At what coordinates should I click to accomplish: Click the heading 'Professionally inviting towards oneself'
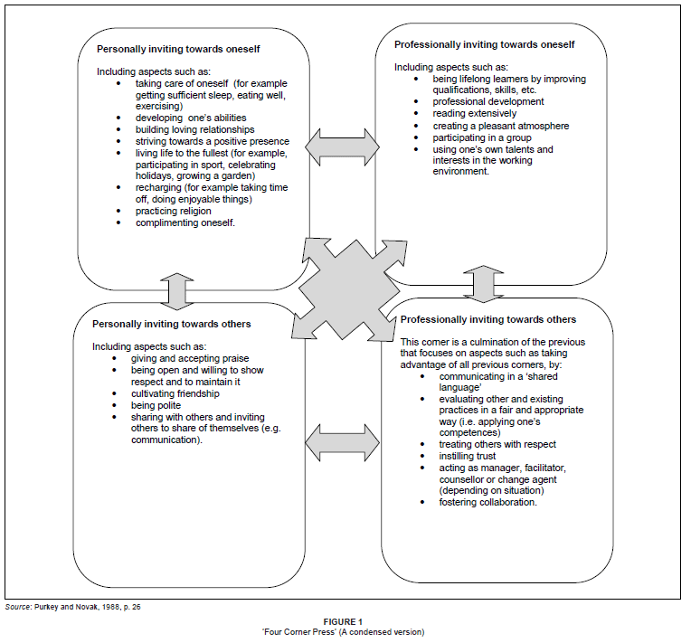485,43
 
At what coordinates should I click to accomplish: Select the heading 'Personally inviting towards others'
172,323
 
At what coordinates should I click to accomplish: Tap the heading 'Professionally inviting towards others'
487,319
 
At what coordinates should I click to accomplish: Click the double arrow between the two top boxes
342,145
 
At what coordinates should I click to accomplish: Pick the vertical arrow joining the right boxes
483,283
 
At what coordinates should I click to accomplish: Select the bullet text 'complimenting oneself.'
185,223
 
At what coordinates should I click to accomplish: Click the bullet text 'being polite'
160,405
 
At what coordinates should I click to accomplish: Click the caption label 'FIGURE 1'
345,620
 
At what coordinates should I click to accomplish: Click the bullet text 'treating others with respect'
497,444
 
